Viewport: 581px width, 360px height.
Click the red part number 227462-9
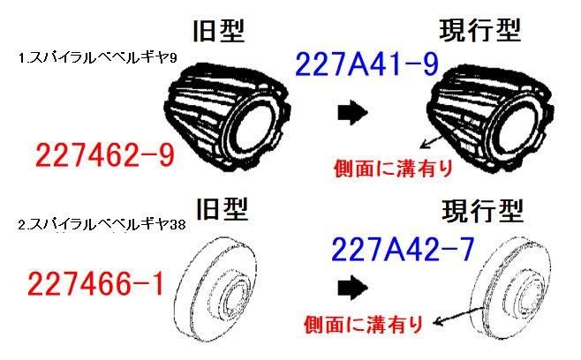pyautogui.click(x=105, y=155)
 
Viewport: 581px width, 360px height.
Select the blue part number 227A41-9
pyautogui.click(x=366, y=64)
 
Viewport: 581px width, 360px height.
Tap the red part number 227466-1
pyautogui.click(x=95, y=284)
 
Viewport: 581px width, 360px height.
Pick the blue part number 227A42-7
pyautogui.click(x=403, y=249)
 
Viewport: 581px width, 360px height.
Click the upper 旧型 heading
pyautogui.click(x=219, y=30)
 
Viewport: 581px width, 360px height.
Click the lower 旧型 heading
pyautogui.click(x=222, y=209)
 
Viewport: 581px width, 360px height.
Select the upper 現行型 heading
pyautogui.click(x=480, y=30)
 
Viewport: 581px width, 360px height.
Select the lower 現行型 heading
pyautogui.click(x=483, y=210)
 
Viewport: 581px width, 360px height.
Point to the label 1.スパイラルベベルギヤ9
pyautogui.click(x=98, y=57)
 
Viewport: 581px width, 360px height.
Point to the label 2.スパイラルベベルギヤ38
pyautogui.click(x=102, y=224)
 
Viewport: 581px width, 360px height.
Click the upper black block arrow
pyautogui.click(x=353, y=112)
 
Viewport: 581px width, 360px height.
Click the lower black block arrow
pyautogui.click(x=353, y=288)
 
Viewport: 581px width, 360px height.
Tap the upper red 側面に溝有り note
pyautogui.click(x=394, y=169)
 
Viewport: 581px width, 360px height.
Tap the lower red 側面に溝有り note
pyautogui.click(x=364, y=325)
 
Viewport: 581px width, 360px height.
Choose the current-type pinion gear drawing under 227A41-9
pyautogui.click(x=490, y=119)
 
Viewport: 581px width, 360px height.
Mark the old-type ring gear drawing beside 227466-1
pyautogui.click(x=215, y=289)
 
